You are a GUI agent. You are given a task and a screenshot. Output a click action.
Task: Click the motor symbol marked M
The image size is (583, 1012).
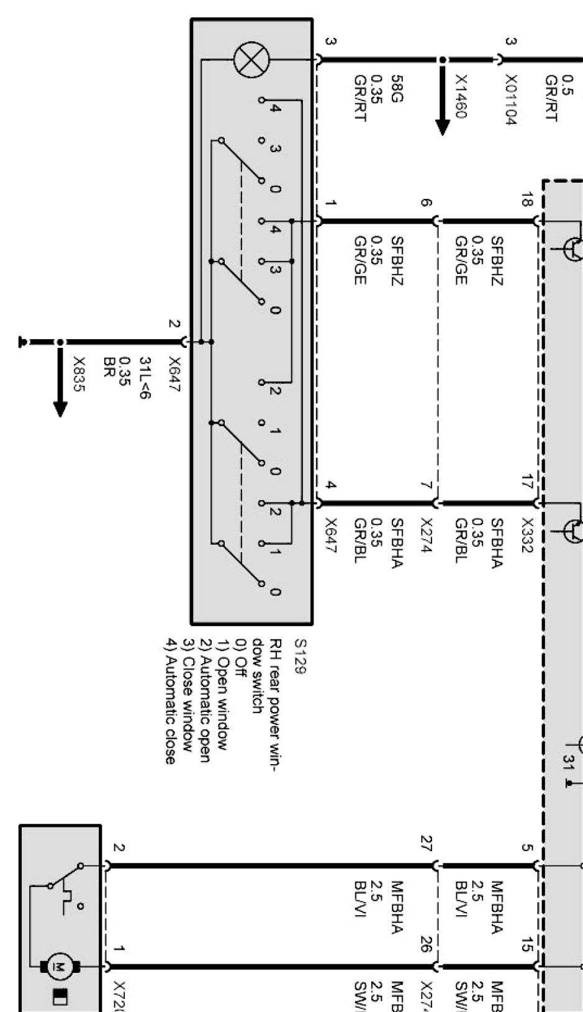[x=60, y=967]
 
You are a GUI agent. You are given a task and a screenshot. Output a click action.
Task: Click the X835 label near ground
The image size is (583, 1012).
[x=78, y=374]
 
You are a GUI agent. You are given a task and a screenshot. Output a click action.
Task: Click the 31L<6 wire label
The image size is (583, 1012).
[x=144, y=377]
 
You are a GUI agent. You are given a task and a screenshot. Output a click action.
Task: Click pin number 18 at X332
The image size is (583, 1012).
[x=527, y=200]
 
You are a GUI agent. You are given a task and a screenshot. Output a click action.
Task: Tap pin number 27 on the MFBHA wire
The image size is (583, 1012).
[x=425, y=843]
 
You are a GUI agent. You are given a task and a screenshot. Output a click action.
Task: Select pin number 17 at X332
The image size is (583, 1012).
[x=527, y=481]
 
